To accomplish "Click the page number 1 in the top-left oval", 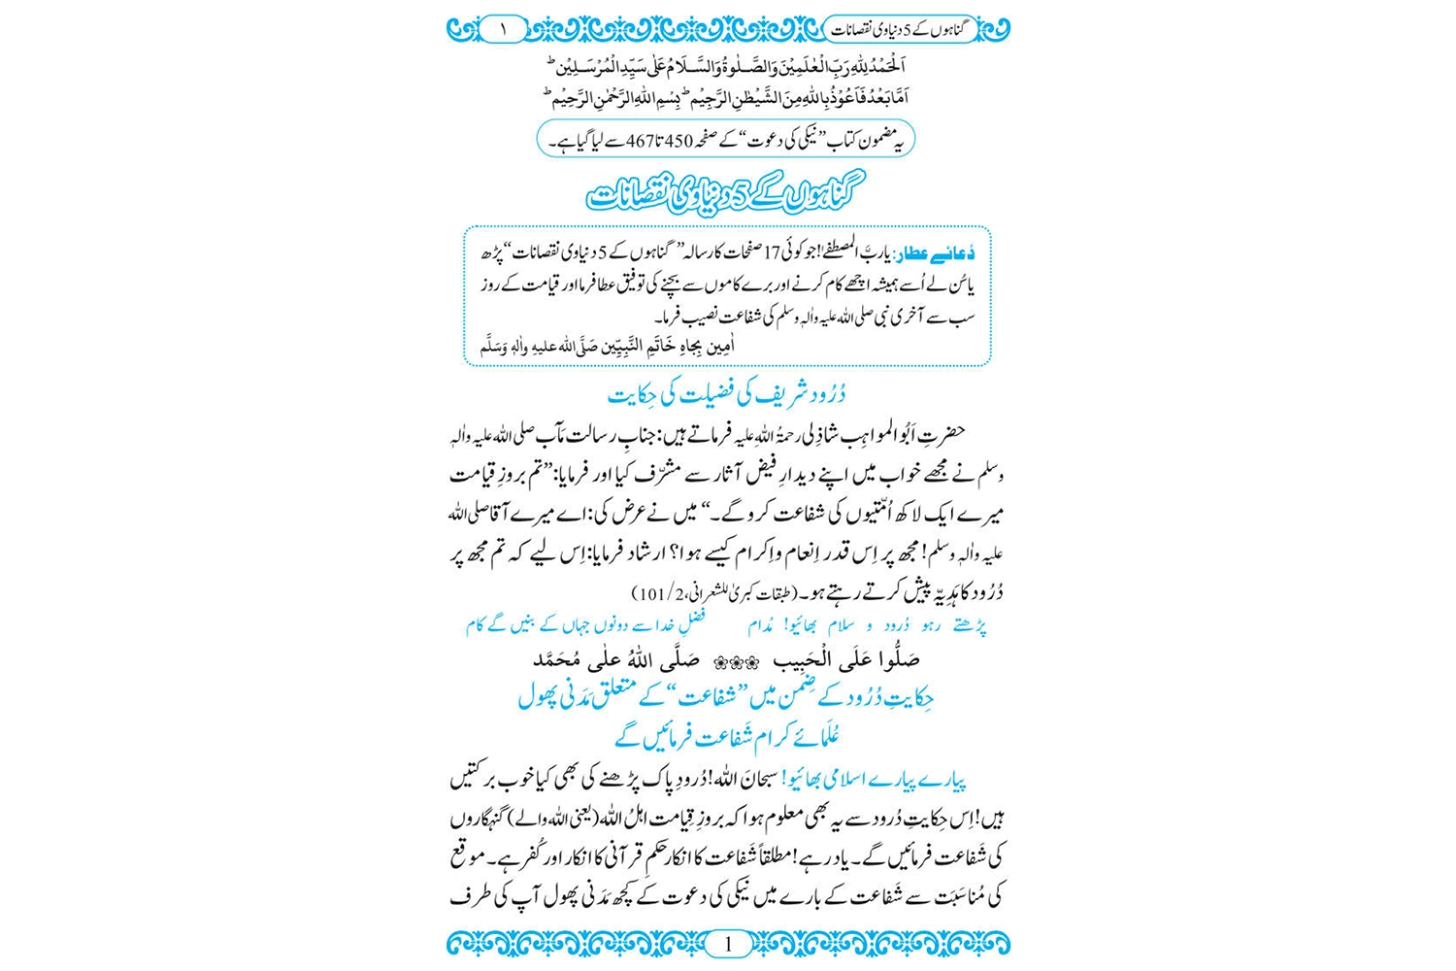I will point(503,29).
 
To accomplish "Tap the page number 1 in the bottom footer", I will point(728,943).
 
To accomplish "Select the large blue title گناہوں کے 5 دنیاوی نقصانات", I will point(726,194).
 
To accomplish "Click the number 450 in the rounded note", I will point(677,141).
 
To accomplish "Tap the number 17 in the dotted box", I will point(773,254).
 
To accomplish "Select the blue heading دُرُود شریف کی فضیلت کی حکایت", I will point(726,395).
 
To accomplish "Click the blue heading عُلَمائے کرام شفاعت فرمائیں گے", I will point(726,737).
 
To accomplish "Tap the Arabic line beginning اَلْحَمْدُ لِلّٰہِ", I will point(726,67).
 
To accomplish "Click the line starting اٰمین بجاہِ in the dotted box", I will point(609,347).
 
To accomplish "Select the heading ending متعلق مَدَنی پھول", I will point(726,697).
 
